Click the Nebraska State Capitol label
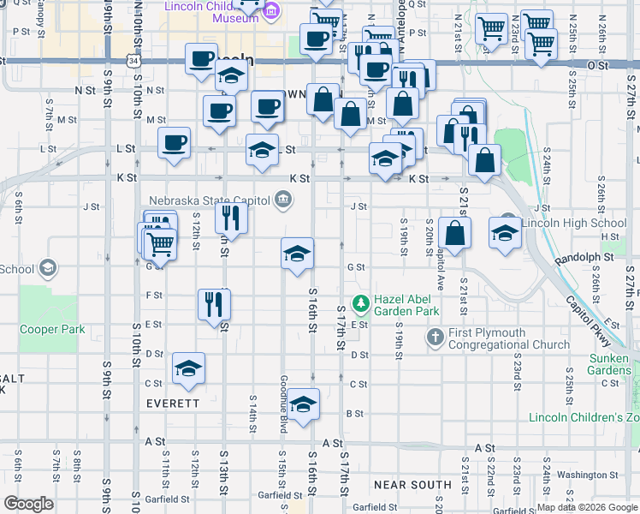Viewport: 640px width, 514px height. click(x=210, y=200)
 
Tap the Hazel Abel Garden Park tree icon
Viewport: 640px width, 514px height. click(x=361, y=302)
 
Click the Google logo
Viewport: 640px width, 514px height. click(x=28, y=503)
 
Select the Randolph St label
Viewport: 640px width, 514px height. click(x=584, y=257)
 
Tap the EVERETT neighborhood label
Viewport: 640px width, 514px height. click(x=173, y=403)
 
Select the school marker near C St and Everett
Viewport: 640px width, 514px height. click(x=188, y=368)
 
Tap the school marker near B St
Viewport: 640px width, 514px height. click(x=303, y=403)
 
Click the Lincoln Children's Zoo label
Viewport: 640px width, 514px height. click(x=584, y=418)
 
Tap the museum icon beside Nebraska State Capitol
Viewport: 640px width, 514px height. click(x=282, y=201)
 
